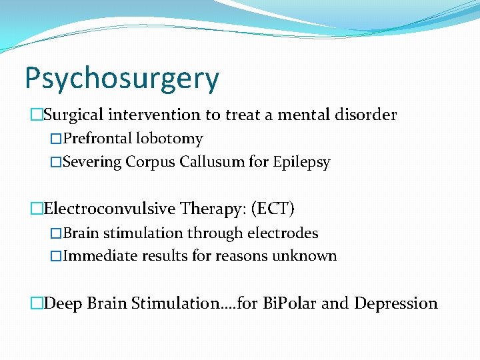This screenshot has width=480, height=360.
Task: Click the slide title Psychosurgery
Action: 121,79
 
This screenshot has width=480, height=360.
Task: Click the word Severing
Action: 93,162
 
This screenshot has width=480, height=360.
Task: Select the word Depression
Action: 396,303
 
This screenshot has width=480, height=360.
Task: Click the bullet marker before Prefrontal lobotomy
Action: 55,139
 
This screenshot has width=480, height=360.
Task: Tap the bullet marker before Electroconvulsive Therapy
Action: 36,209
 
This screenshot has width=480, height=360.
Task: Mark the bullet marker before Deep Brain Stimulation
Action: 36,304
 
